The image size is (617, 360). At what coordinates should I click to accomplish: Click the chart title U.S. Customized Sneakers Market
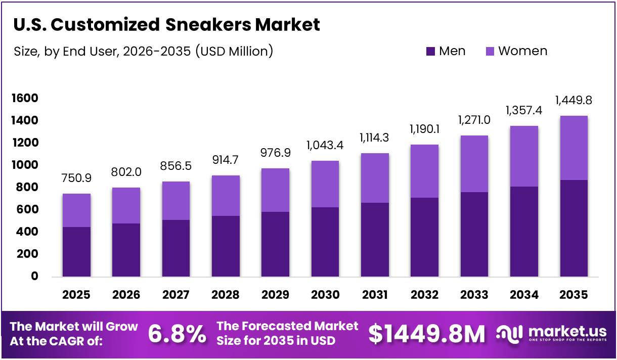(x=166, y=24)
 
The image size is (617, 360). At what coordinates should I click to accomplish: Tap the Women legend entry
(x=516, y=51)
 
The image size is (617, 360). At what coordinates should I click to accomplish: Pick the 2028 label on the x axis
(x=226, y=295)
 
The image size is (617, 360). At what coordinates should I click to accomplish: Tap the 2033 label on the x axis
(x=474, y=295)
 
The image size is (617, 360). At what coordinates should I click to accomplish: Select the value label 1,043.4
(x=325, y=145)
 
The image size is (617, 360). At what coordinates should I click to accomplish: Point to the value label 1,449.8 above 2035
(x=574, y=100)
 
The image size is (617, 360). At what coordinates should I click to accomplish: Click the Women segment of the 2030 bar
(x=325, y=184)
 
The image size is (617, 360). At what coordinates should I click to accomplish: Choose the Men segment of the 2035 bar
(x=574, y=229)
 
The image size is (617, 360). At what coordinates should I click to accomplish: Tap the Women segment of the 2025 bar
(x=76, y=210)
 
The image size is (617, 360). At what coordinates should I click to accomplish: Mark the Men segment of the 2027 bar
(x=176, y=248)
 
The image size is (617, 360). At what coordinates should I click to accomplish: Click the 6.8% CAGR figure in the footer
(x=177, y=334)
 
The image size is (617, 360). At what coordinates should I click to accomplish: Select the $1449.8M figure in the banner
(x=426, y=334)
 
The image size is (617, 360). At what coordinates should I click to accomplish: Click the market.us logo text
(x=567, y=332)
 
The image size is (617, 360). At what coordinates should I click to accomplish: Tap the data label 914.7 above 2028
(x=226, y=160)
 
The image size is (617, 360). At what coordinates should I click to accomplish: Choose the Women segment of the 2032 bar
(x=424, y=171)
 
